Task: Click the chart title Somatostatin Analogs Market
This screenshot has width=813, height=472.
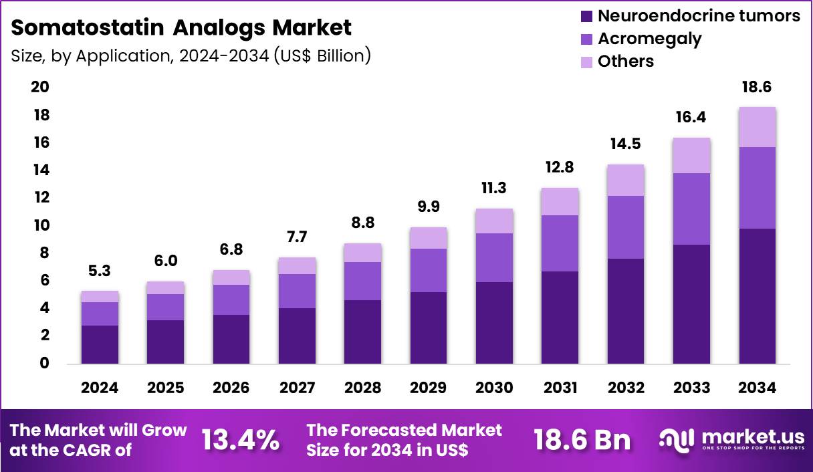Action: [181, 27]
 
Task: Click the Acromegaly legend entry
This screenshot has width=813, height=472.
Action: [649, 39]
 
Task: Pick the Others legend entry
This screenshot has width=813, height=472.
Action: [625, 62]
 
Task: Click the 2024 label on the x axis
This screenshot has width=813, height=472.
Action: [100, 388]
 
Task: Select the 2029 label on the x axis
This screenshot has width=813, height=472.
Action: [429, 388]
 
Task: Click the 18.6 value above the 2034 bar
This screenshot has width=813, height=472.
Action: [758, 88]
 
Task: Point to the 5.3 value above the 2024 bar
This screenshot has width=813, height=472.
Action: [100, 271]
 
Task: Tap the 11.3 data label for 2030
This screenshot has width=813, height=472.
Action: [494, 189]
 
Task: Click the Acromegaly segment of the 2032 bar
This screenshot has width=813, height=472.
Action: [626, 227]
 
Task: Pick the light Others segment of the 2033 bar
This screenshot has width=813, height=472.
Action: [691, 155]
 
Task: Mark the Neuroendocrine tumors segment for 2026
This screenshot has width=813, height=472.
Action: [231, 339]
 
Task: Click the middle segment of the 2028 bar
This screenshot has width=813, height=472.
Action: [363, 281]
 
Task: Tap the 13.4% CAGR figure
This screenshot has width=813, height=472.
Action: [241, 440]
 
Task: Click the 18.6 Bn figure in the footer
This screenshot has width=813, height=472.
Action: [582, 440]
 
